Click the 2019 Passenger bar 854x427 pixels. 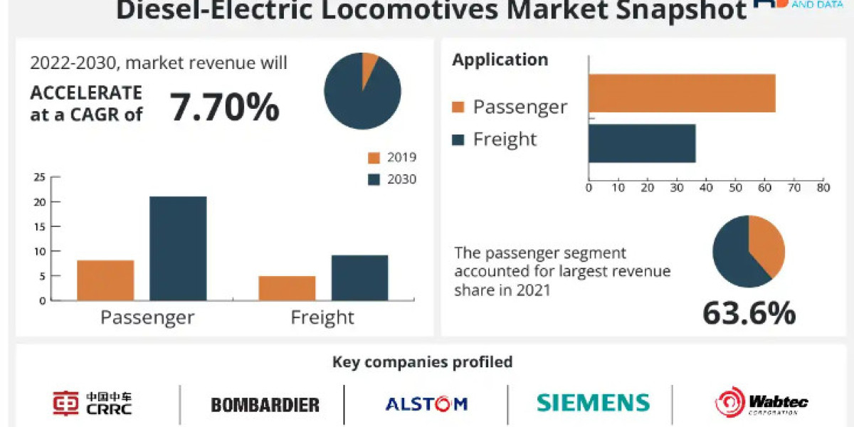coord(105,280)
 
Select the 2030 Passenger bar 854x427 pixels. coord(178,248)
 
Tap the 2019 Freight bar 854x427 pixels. coord(287,288)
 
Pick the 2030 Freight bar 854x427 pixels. coord(359,278)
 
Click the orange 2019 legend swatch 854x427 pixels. coord(374,158)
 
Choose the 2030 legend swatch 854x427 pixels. coord(374,179)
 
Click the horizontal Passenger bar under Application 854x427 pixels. coord(682,93)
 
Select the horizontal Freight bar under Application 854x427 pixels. coord(642,144)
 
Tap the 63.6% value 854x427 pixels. coord(749,313)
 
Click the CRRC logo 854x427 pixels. coord(93,403)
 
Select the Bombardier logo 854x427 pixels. coord(265,405)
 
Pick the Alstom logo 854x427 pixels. coord(426,404)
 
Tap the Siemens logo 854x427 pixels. coord(593,403)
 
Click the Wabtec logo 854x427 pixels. coord(761,403)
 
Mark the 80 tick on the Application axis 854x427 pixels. coord(823,188)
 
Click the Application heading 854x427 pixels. coord(500,60)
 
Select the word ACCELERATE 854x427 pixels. coord(86,93)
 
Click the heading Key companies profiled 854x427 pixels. coord(423,362)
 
